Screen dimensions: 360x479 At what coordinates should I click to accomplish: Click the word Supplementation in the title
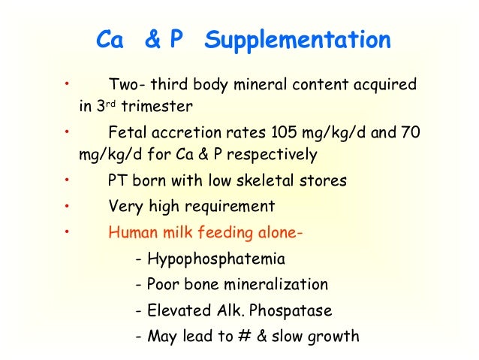click(x=297, y=41)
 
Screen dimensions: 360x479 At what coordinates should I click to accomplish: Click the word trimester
click(x=158, y=106)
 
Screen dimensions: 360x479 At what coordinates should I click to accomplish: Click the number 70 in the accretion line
click(x=411, y=132)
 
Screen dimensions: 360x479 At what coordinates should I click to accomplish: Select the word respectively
click(x=275, y=156)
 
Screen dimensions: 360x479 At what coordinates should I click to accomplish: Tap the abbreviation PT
click(x=119, y=180)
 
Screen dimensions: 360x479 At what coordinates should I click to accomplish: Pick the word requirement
click(x=228, y=205)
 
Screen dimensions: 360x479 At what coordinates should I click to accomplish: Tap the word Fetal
click(x=127, y=132)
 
